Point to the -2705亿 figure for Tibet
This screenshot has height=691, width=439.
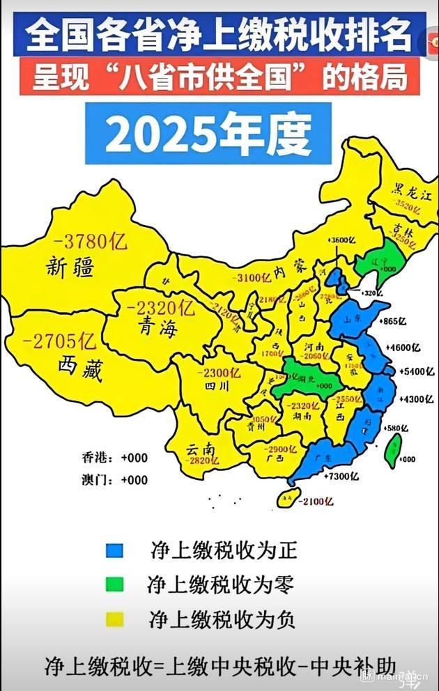pos(59,341)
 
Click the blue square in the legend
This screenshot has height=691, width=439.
pos(114,550)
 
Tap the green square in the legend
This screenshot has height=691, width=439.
pos(114,584)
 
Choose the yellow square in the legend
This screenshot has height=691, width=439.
pos(114,618)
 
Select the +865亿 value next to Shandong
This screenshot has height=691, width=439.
pos(395,320)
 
